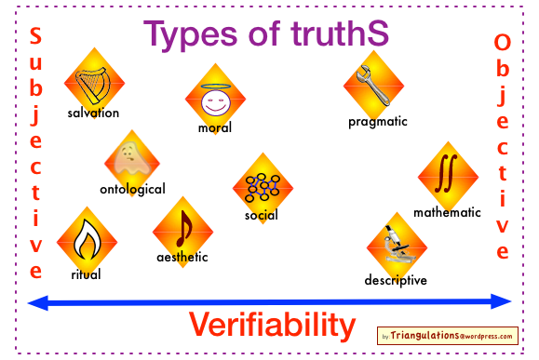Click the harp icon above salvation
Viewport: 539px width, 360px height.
point(92,86)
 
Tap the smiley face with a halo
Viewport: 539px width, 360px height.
point(216,100)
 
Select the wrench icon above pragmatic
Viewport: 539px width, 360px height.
point(372,85)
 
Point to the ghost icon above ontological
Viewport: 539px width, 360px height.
point(132,159)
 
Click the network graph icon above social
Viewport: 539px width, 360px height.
point(263,187)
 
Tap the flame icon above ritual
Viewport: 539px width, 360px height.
point(87,239)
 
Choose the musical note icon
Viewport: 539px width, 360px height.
point(184,229)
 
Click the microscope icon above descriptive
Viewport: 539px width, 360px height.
point(398,245)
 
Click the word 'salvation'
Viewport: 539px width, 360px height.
point(93,113)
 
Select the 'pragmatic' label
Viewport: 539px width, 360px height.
point(378,122)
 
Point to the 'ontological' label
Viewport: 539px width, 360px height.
point(132,189)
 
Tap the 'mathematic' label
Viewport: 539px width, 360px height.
point(447,212)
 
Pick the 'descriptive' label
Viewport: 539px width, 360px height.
point(396,280)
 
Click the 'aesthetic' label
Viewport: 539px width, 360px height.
point(182,257)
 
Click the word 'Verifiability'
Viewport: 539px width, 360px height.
point(272,325)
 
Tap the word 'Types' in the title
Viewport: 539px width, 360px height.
point(190,34)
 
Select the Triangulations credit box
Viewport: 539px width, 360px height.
point(448,336)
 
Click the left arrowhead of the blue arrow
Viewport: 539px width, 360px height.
point(38,302)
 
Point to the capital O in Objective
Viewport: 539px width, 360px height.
point(502,42)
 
